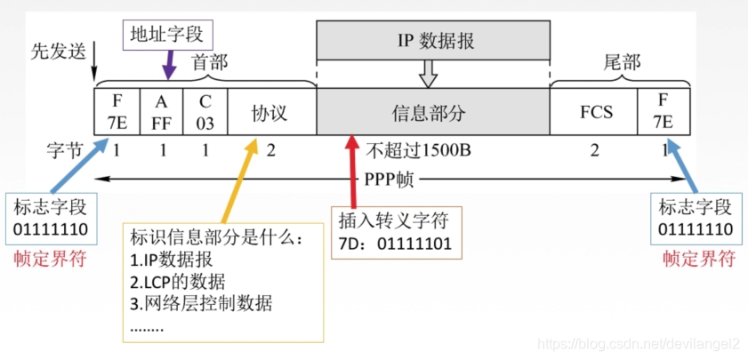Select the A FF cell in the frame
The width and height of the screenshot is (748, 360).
[x=161, y=113]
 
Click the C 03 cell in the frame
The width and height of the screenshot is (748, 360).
[x=205, y=113]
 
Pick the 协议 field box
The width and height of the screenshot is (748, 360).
[x=270, y=113]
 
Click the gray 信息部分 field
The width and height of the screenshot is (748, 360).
[x=431, y=113]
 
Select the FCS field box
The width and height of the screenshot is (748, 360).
[x=594, y=113]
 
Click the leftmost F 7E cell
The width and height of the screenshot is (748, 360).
[x=116, y=113]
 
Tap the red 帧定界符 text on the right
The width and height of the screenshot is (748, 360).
[x=698, y=260]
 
